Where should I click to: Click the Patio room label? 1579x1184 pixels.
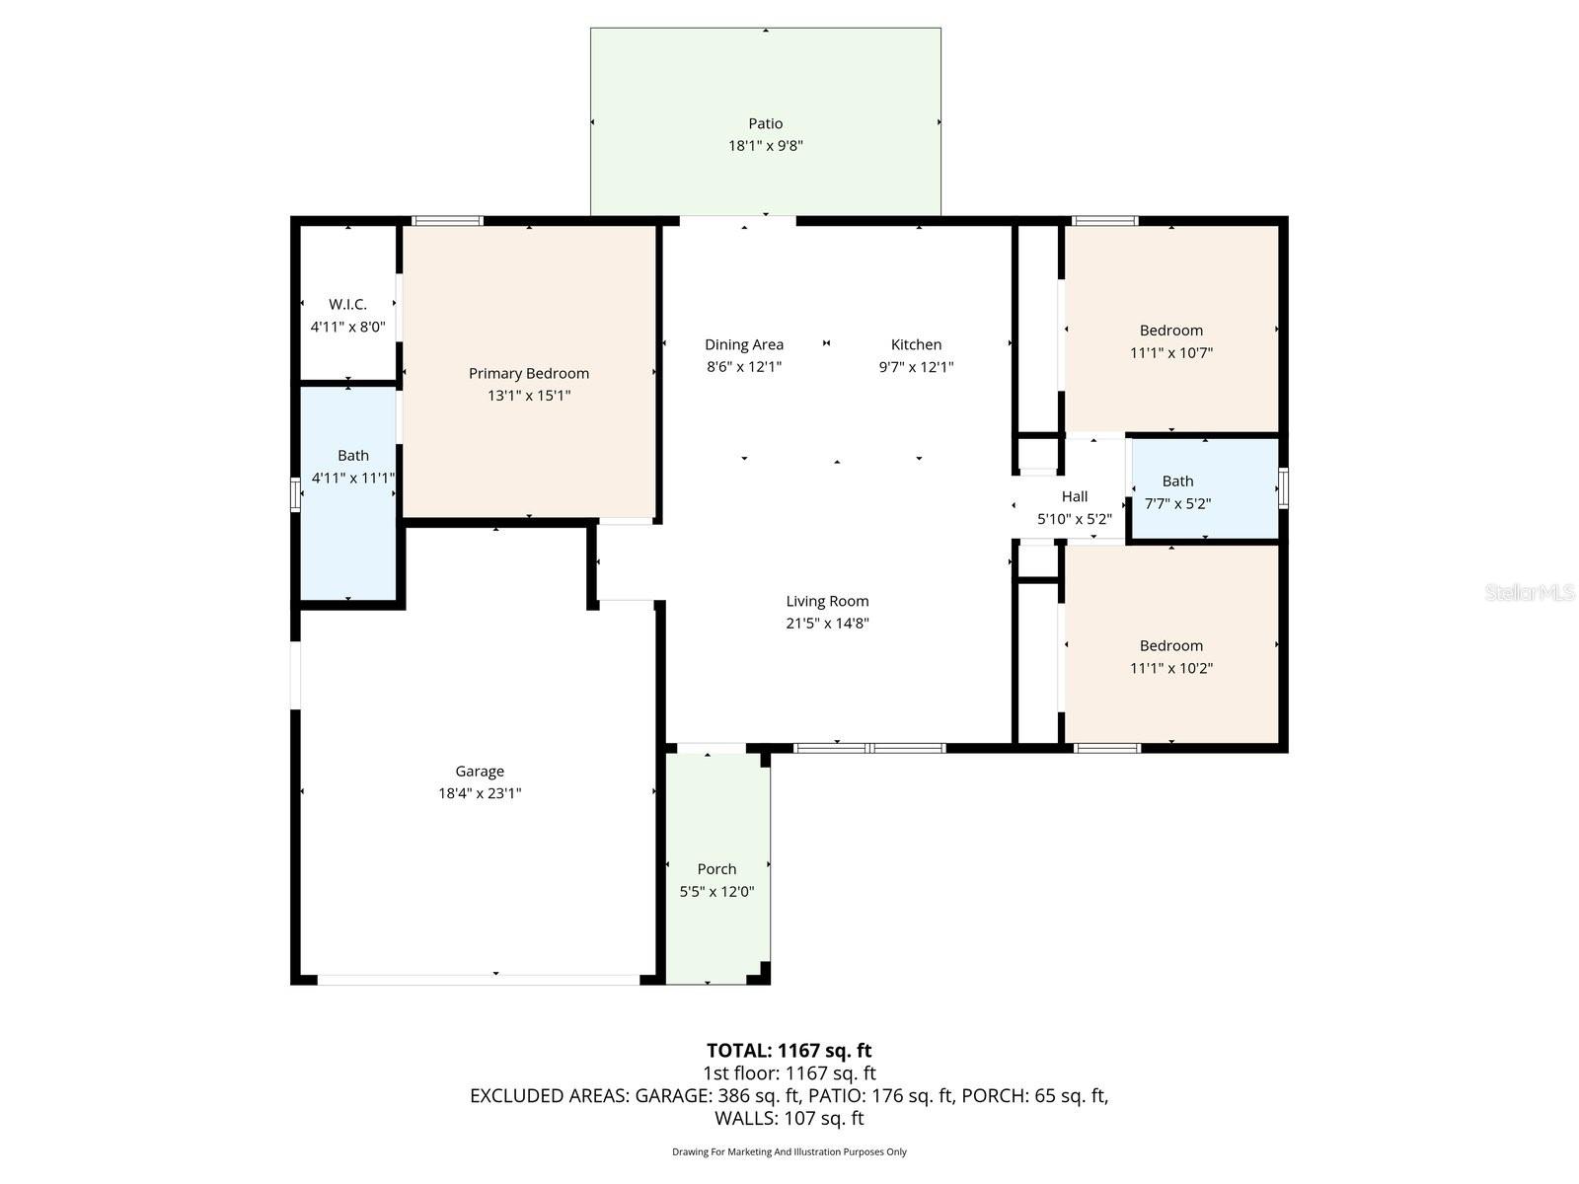point(765,123)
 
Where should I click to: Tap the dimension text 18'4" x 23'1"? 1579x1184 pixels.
point(480,793)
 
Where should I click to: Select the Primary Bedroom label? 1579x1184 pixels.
point(529,373)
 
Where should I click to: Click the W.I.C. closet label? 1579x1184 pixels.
point(347,305)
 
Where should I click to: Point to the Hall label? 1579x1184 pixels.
point(1075,496)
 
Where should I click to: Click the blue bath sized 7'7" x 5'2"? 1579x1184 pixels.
point(1204,490)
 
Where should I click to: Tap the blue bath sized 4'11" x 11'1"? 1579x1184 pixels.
point(349,493)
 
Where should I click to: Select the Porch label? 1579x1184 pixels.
point(716,869)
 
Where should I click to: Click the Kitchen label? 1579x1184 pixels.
point(916,344)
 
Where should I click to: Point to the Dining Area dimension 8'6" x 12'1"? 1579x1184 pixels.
point(744,367)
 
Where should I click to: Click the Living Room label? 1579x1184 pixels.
point(827,601)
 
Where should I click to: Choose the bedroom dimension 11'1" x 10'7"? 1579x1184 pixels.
point(1171,352)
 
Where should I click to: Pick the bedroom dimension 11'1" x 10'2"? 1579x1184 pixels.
point(1171,668)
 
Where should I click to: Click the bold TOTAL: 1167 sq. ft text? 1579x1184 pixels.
point(789,1050)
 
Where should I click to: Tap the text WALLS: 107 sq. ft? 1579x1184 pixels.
point(789,1118)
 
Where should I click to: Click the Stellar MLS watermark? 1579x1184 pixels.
point(1530,593)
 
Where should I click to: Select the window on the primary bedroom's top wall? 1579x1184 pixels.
point(447,221)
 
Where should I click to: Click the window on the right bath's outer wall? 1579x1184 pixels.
point(1283,488)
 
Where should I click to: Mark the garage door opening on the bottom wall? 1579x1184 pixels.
point(479,980)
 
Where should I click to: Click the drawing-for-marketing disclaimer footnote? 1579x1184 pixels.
point(789,1151)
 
